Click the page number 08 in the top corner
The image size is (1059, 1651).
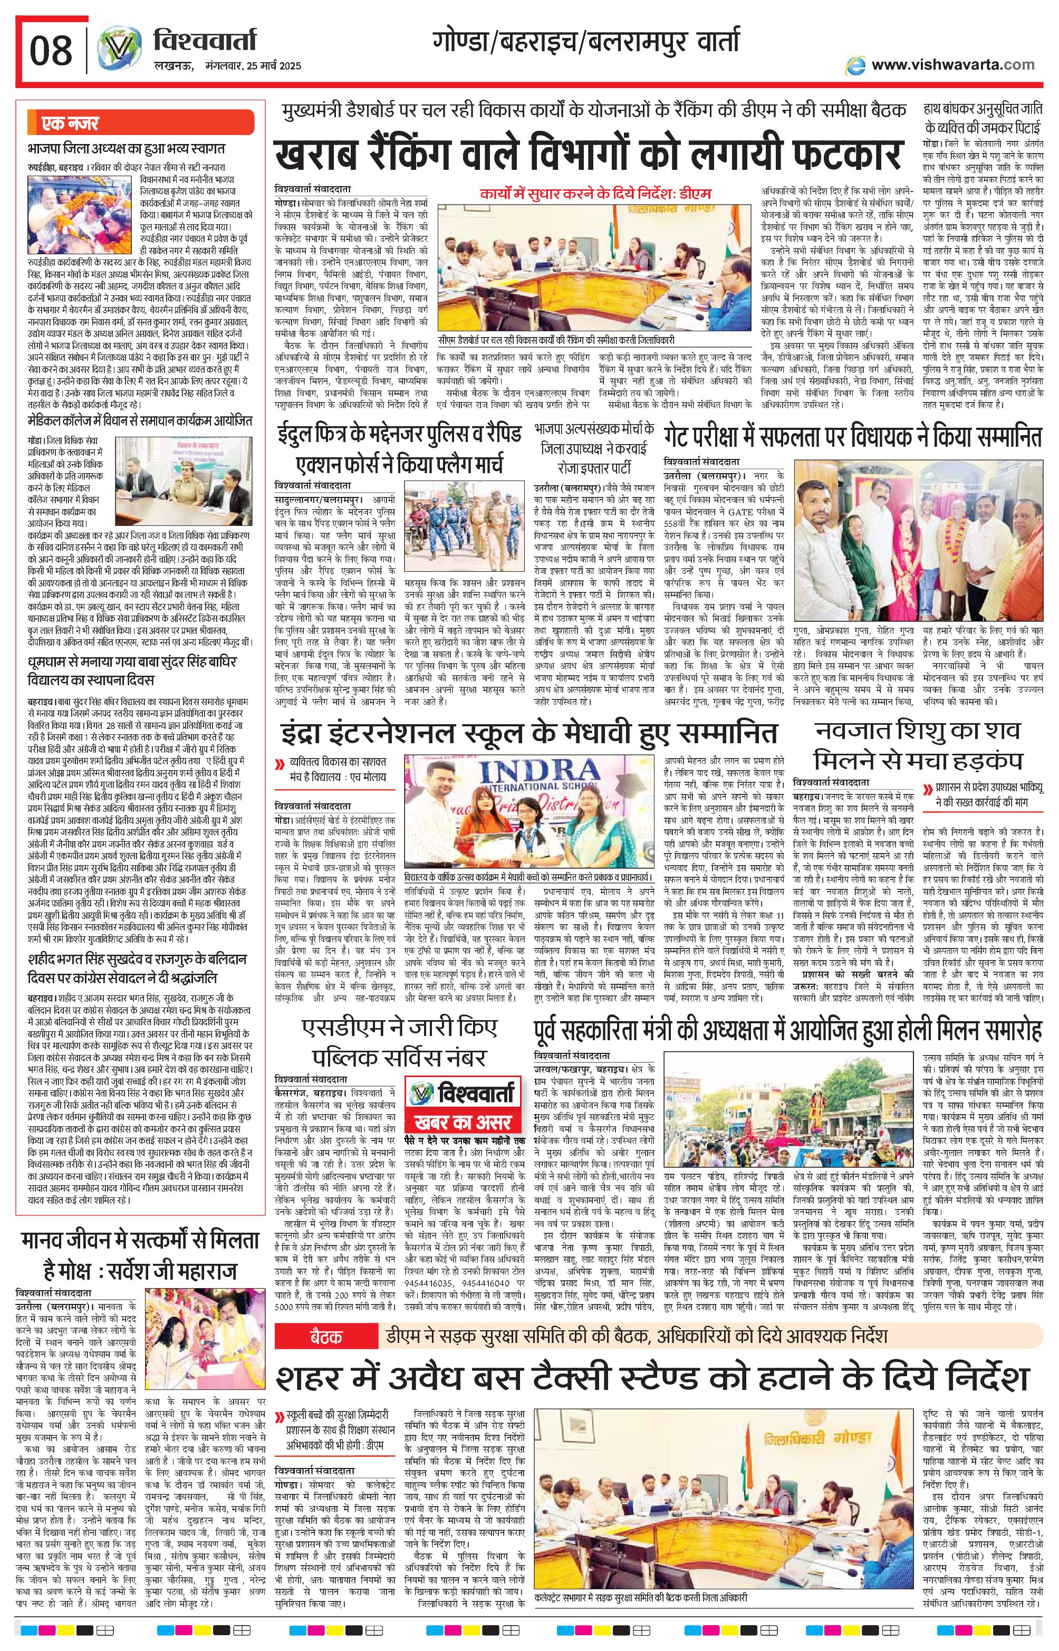click(52, 50)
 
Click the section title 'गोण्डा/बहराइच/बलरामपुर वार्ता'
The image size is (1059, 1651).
click(586, 43)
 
